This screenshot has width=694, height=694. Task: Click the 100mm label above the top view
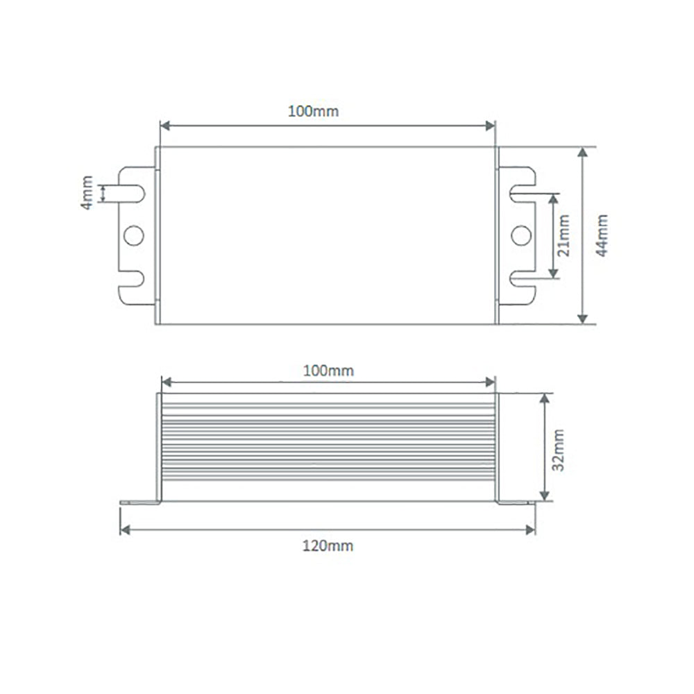[314, 111]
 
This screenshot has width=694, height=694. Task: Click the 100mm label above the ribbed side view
[328, 371]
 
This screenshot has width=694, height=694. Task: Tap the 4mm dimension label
[87, 193]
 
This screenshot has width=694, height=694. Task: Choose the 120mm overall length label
[328, 545]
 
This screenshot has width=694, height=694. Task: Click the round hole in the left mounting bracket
[133, 236]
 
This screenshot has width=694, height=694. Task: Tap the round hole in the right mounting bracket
[520, 236]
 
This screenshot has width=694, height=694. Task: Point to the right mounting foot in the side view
[515, 502]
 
